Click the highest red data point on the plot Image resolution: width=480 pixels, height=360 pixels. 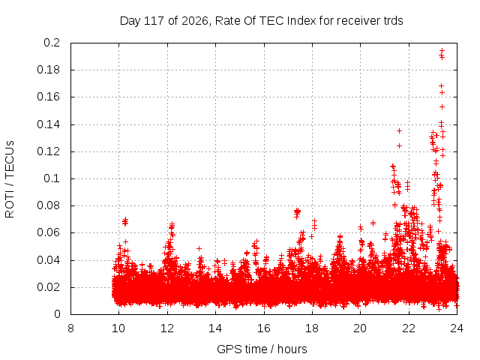(442, 50)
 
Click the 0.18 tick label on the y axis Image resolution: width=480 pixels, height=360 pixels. (49, 70)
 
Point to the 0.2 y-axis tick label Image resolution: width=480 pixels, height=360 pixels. (52, 43)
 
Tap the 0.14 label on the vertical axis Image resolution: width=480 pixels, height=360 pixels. (49, 124)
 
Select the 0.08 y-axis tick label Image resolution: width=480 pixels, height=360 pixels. (49, 205)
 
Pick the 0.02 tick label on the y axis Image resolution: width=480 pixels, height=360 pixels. (49, 287)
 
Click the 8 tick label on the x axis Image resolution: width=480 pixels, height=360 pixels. (70, 328)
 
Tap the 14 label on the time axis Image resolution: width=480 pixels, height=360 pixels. (215, 328)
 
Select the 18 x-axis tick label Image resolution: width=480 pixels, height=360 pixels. (312, 328)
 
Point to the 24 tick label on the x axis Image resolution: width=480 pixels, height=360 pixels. (457, 328)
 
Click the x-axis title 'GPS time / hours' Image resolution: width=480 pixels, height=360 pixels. (262, 349)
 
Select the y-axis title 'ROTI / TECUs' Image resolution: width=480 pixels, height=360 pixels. (10, 179)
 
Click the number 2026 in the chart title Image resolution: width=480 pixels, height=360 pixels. (195, 21)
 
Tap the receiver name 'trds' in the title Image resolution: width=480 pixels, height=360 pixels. (393, 21)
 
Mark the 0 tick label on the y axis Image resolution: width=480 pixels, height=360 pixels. (57, 314)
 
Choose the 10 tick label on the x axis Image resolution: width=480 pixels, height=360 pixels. (118, 328)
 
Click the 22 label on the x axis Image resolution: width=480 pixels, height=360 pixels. (409, 328)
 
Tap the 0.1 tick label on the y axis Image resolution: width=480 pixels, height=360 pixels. (52, 178)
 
